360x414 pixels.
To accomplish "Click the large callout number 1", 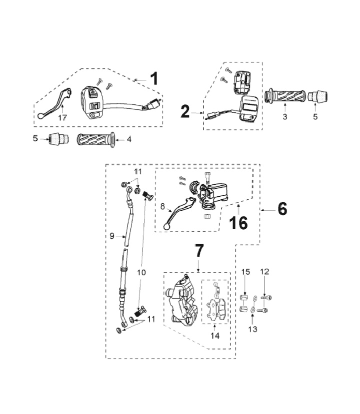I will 154,79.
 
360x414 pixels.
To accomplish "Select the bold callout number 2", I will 185,111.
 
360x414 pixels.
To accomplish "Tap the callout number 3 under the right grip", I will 284,117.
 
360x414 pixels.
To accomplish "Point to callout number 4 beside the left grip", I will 129,139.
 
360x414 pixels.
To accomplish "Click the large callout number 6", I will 282,210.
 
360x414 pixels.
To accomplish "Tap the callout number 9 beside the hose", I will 112,235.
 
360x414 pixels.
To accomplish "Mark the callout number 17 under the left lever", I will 62,118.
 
